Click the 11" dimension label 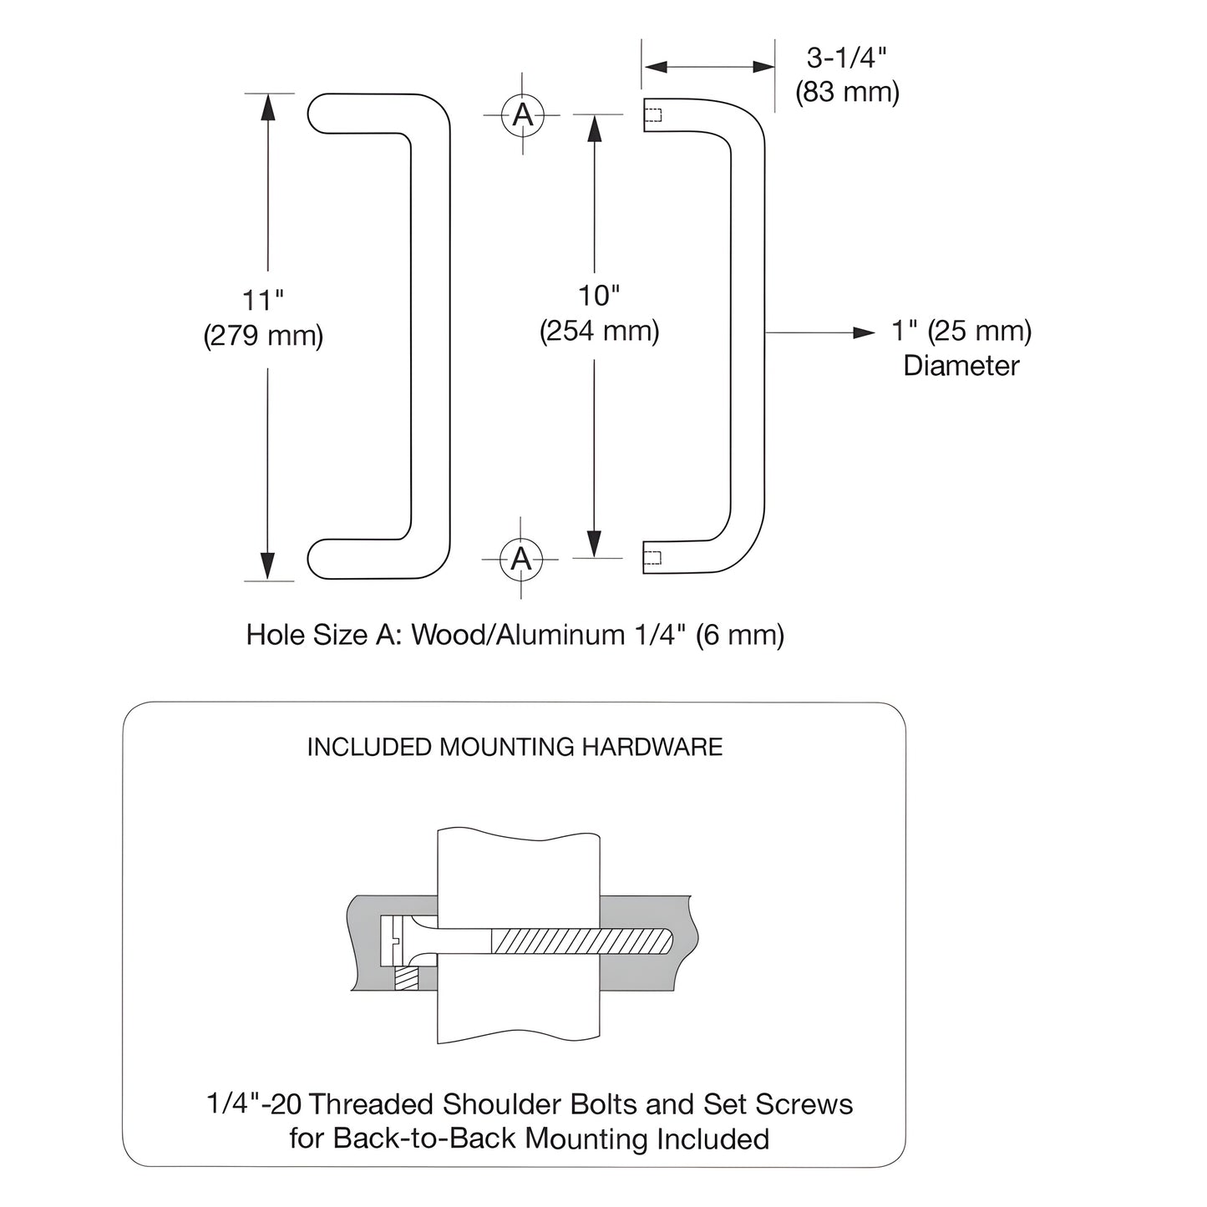coord(263,300)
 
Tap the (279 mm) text coord(263,336)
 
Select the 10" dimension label coord(599,296)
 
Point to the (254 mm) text coord(599,332)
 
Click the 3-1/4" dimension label coord(846,58)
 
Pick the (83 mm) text coord(846,92)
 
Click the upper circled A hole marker coord(523,114)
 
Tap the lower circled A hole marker coord(521,558)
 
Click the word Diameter coord(961,366)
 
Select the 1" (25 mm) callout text coord(961,331)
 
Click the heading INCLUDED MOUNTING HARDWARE coord(515,747)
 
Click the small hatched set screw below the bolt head coord(406,978)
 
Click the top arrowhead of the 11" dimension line coord(267,105)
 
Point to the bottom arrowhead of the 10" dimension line coord(594,545)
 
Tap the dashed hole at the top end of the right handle coord(653,115)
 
